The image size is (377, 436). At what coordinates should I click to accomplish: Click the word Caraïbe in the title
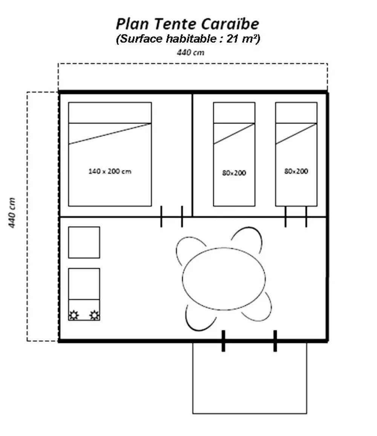[x=230, y=24]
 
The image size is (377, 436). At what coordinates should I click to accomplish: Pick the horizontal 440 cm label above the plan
[x=191, y=53]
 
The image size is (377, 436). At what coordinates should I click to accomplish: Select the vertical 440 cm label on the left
[x=12, y=213]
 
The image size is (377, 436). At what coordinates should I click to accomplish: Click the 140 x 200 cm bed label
[x=110, y=171]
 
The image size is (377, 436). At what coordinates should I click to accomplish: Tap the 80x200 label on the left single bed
[x=234, y=173]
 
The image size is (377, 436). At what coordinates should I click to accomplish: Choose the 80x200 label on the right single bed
[x=296, y=171]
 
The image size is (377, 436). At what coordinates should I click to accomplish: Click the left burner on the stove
[x=74, y=314]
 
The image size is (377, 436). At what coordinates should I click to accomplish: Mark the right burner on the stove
[x=94, y=314]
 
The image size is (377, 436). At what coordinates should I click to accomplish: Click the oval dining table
[x=224, y=279]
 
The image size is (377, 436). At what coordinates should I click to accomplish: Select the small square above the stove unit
[x=84, y=242]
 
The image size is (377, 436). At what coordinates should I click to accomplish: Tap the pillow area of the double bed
[x=110, y=112]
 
